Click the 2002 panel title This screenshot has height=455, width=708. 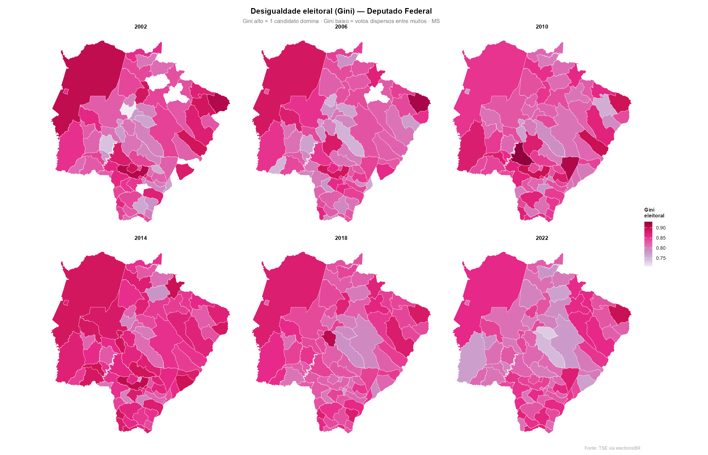(x=141, y=27)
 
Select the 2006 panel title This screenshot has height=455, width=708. (x=341, y=27)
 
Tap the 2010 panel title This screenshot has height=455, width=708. (x=542, y=27)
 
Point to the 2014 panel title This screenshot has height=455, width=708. (x=141, y=238)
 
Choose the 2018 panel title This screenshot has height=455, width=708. (x=341, y=238)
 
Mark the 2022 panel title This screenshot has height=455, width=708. (x=542, y=238)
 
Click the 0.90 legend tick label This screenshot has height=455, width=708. (x=661, y=228)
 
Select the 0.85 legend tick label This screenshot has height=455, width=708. (x=661, y=238)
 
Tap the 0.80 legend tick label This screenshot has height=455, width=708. (x=661, y=248)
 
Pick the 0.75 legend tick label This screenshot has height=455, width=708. (x=661, y=258)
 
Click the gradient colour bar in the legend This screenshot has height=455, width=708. (x=648, y=244)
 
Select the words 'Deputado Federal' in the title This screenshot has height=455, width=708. (x=399, y=11)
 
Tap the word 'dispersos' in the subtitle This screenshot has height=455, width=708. (x=380, y=21)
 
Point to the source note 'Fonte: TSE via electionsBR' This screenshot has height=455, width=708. (x=612, y=448)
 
